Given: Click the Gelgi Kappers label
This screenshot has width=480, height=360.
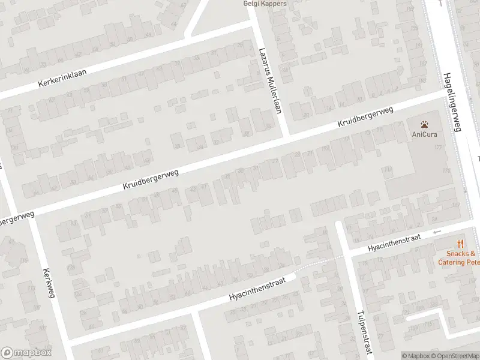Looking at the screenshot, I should pyautogui.click(x=265, y=4).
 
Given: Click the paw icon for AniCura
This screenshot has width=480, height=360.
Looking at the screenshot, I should pyautogui.click(x=424, y=125).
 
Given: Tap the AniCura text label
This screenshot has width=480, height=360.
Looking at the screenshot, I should pyautogui.click(x=424, y=134).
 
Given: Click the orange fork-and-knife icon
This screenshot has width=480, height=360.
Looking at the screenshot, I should pyautogui.click(x=460, y=244).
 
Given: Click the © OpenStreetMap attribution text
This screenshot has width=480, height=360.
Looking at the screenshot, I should pyautogui.click(x=456, y=356).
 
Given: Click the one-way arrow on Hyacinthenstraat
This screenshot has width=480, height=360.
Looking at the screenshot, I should pyautogui.click(x=436, y=232).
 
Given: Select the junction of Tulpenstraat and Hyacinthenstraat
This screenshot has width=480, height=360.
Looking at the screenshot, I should pyautogui.click(x=348, y=253).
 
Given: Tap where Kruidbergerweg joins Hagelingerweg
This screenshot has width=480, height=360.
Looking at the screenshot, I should pyautogui.click(x=447, y=93).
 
